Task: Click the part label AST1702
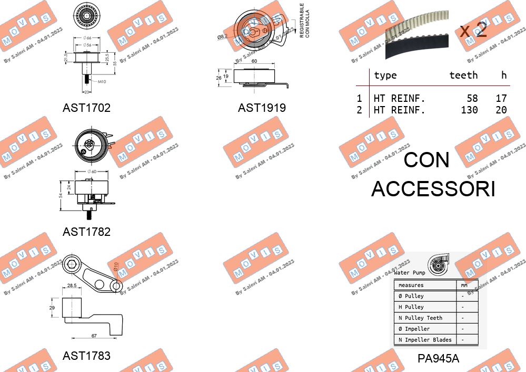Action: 86,108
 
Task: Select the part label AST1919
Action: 262,108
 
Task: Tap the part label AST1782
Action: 86,232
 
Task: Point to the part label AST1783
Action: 86,356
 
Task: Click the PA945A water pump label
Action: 438,358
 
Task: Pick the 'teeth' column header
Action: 463,75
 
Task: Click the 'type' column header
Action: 385,75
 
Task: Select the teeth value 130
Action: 468,110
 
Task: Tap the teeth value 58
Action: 472,98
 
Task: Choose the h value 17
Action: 501,98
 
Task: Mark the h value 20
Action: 501,110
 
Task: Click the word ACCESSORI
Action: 433,188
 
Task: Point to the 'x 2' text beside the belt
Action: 473,30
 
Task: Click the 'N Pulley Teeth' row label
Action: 420,318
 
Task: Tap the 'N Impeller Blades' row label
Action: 425,340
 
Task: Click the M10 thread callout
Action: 102,82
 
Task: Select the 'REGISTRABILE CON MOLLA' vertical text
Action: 304,21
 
